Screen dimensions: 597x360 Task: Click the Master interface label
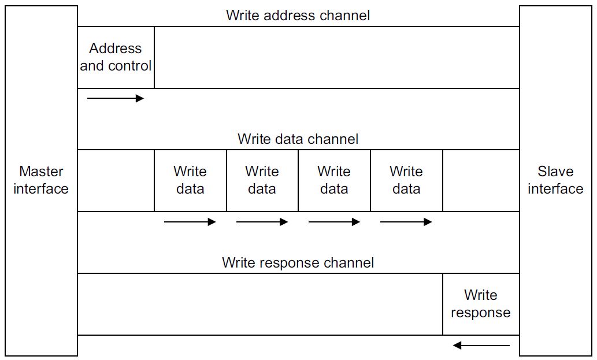coord(41,180)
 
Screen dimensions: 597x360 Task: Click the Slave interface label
coord(555,180)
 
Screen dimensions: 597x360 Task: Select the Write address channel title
coord(298,15)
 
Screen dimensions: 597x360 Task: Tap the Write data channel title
coord(298,139)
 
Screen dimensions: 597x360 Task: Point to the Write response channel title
coord(298,262)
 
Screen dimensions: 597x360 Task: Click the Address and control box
coord(116,57)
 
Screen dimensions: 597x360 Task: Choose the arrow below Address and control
coord(116,98)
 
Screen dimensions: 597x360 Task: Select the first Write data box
coord(190,180)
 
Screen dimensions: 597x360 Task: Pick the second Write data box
coord(262,180)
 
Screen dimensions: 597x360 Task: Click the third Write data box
coord(334,180)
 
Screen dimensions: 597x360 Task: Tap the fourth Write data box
coord(407,180)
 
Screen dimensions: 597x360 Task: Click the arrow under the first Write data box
coord(190,222)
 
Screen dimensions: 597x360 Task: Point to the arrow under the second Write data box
coord(262,222)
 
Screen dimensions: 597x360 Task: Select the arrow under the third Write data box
coord(334,222)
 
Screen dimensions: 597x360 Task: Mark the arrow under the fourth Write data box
coord(406,222)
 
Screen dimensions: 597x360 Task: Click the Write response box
coord(481,304)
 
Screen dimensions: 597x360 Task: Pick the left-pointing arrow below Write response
coord(481,346)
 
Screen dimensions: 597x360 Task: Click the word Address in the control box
coord(116,49)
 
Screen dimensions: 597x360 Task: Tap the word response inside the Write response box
coord(480,313)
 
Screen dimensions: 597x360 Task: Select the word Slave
coord(555,171)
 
